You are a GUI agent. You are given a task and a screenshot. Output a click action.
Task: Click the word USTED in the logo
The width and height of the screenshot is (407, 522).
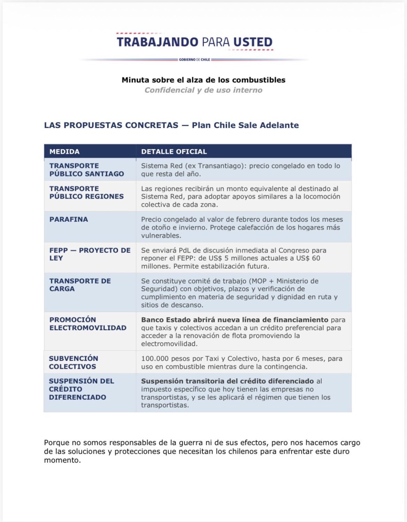[253, 42]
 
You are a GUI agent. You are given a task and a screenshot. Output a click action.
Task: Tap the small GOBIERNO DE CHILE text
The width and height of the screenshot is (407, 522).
[194, 60]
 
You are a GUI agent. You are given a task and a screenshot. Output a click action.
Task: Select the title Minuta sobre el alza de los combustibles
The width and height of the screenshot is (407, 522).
[203, 80]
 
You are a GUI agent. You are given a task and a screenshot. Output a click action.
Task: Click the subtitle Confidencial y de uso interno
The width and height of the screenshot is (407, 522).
[203, 90]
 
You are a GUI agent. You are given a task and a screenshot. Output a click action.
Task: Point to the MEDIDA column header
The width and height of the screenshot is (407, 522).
[64, 151]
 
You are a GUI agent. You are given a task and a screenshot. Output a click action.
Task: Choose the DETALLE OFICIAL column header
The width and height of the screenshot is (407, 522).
[174, 151]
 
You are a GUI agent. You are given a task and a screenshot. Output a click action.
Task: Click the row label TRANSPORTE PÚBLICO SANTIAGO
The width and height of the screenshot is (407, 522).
[86, 169]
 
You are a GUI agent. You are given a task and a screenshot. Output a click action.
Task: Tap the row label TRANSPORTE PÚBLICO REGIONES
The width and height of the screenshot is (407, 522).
[86, 192]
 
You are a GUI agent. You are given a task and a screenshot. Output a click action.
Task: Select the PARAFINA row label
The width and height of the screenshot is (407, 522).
[69, 219]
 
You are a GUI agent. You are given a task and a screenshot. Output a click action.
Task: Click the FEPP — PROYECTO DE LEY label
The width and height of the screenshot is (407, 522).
[90, 254]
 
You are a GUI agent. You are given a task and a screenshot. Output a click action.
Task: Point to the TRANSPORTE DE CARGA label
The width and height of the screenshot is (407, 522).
[80, 285]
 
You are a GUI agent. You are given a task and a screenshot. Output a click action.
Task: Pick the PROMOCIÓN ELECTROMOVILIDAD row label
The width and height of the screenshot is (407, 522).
[88, 324]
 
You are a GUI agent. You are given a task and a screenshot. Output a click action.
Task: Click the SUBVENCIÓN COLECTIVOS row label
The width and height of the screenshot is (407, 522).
[73, 362]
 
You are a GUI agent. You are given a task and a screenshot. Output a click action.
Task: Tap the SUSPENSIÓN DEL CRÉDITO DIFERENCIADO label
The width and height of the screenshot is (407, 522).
[81, 389]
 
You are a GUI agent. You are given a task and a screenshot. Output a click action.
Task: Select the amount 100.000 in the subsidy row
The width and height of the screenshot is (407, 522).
[155, 358]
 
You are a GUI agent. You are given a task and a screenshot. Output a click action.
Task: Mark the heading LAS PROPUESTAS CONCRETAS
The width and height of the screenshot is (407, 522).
[111, 125]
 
